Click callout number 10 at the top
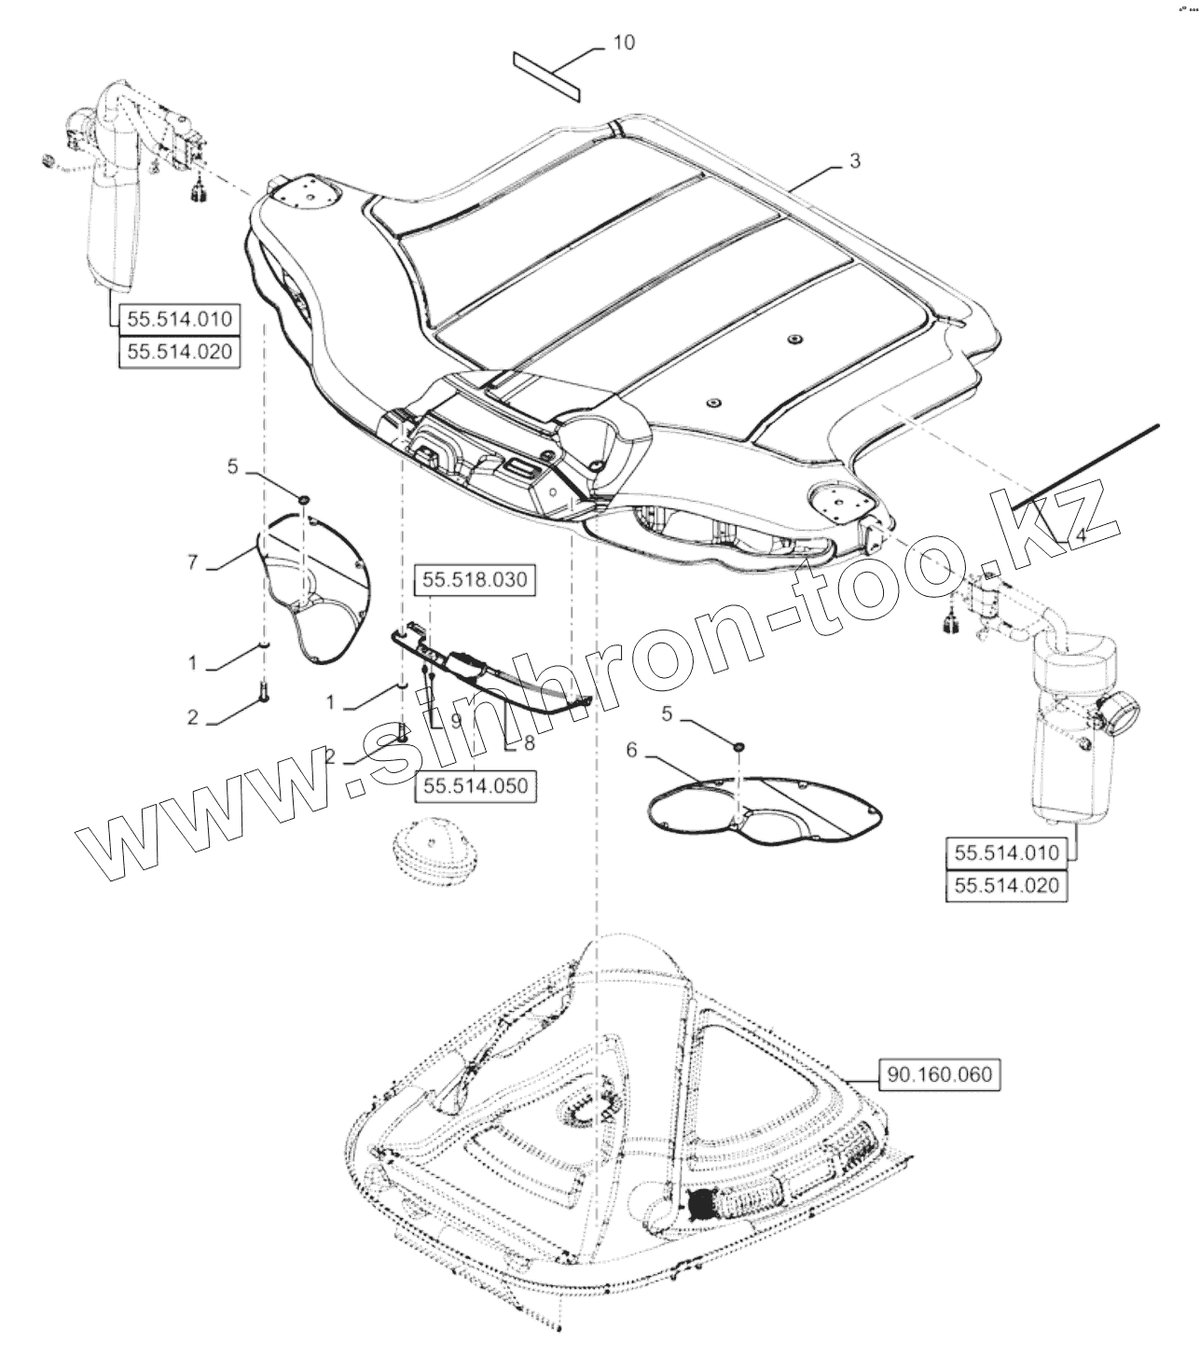pyautogui.click(x=625, y=43)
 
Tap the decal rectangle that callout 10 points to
pyautogui.click(x=546, y=75)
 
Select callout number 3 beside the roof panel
pyautogui.click(x=854, y=161)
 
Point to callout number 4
pyautogui.click(x=1080, y=536)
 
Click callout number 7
pyautogui.click(x=193, y=563)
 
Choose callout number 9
pyautogui.click(x=456, y=720)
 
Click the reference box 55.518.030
pyautogui.click(x=475, y=580)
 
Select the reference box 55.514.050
pyautogui.click(x=476, y=785)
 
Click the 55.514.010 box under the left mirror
pyautogui.click(x=178, y=319)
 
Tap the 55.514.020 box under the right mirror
pyautogui.click(x=1007, y=883)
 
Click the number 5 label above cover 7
pyautogui.click(x=233, y=466)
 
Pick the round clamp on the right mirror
pyautogui.click(x=1114, y=717)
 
